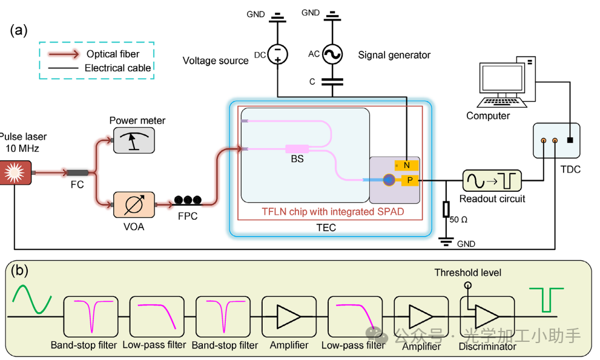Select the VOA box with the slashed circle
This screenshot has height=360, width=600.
point(133,205)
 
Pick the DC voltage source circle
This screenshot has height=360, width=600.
point(277,55)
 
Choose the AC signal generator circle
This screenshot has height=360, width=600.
point(332,55)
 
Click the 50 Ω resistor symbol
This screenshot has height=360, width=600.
point(446,209)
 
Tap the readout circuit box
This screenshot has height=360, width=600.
point(492,180)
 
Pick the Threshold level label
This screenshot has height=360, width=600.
point(467,273)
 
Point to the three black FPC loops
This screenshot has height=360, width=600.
point(188,200)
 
